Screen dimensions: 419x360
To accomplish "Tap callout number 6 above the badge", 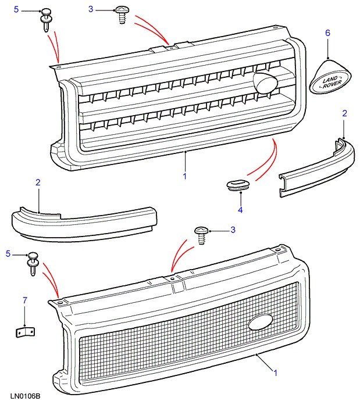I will (327, 33).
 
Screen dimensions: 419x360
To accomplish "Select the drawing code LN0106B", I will (25, 397).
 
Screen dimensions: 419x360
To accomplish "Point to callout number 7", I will (24, 300).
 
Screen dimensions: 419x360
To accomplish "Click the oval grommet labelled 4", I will (238, 185).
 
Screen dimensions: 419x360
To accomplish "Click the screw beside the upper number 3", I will (123, 13).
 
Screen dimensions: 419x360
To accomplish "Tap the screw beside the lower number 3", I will (202, 234).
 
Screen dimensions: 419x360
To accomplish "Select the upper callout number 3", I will (91, 10).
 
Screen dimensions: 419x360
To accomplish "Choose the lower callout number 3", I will (233, 231).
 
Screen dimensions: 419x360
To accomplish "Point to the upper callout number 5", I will (16, 10).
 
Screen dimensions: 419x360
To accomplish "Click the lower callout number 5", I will (8, 254).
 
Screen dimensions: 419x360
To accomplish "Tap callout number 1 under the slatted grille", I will (184, 175).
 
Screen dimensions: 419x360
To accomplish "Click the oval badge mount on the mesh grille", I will (259, 323).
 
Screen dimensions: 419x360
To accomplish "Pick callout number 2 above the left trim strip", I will (38, 182).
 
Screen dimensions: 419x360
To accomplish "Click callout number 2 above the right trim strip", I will (344, 113).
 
